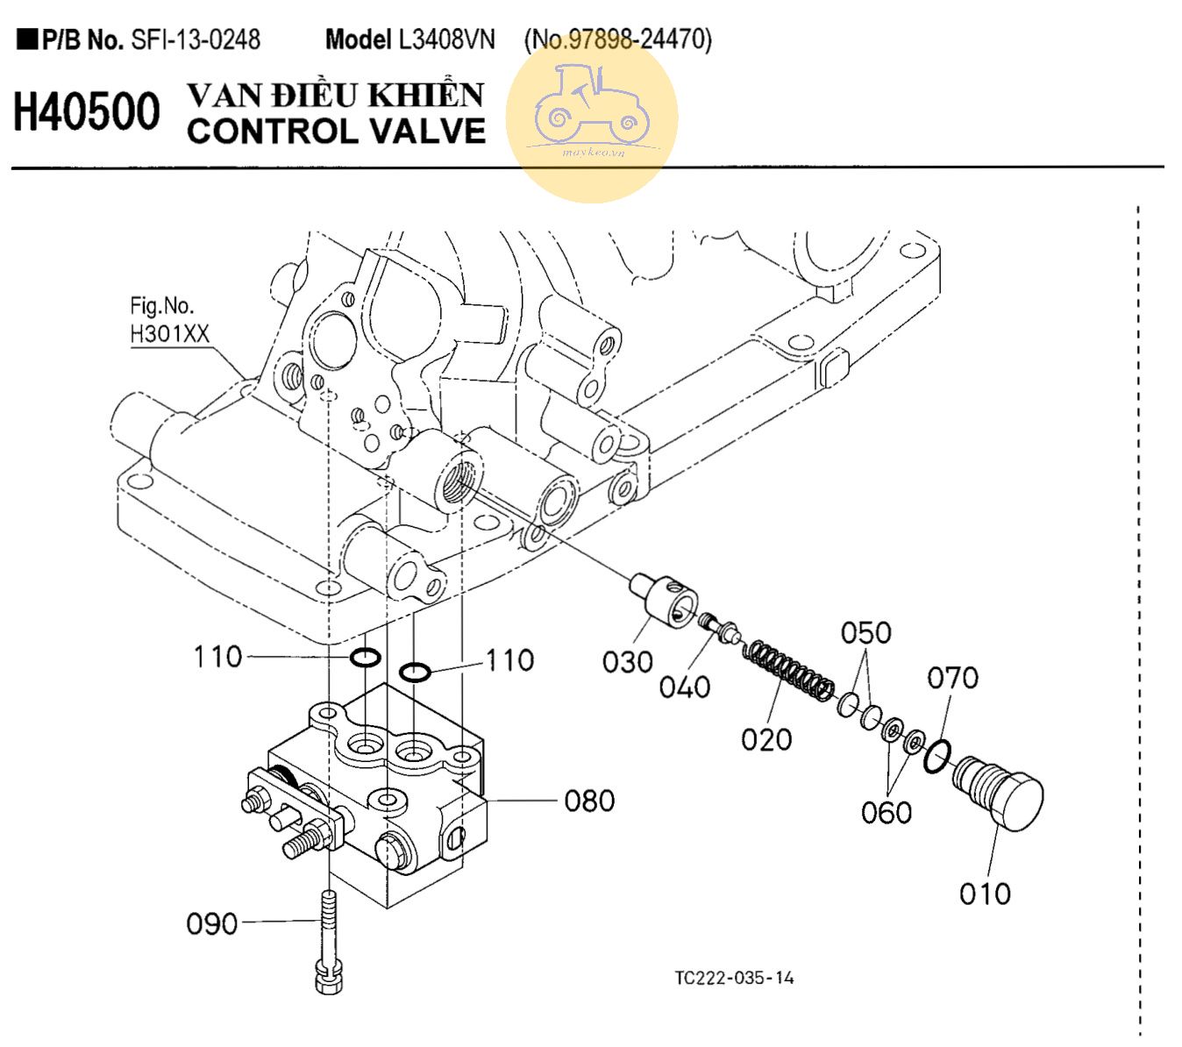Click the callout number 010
click(985, 894)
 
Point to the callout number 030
click(628, 662)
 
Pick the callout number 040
click(684, 686)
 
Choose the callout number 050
click(865, 632)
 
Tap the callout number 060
click(886, 812)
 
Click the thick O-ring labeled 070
click(936, 755)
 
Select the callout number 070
click(953, 678)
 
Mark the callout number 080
click(589, 801)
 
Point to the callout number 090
click(212, 923)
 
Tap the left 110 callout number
click(217, 656)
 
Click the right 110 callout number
click(509, 660)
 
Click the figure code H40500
click(87, 112)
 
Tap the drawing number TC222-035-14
click(734, 978)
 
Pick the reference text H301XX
click(170, 333)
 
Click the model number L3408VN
click(446, 39)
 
